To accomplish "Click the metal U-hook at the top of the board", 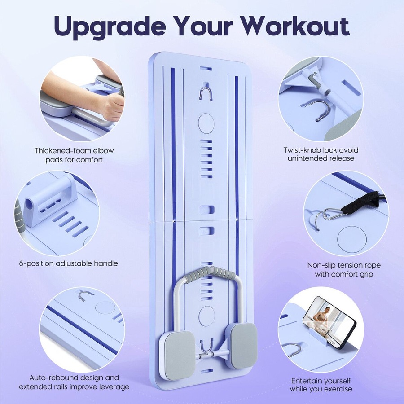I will [x=206, y=93].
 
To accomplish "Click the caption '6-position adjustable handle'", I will [x=69, y=263].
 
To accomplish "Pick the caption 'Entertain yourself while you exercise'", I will [x=321, y=384].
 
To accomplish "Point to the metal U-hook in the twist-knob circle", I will [x=322, y=110].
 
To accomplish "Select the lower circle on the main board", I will [x=206, y=314].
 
